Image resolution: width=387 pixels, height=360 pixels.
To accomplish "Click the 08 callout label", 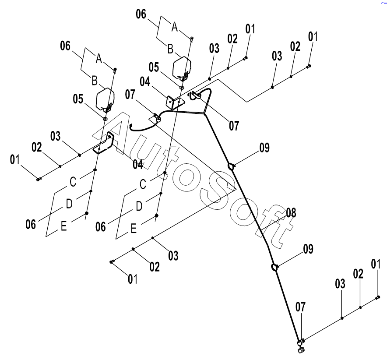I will (x=291, y=213).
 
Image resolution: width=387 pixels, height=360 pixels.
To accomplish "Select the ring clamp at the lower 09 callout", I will (x=274, y=266).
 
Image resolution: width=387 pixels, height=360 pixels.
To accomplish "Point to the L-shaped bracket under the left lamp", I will (x=103, y=145).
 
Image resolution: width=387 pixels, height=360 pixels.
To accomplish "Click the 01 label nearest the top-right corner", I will (x=313, y=37).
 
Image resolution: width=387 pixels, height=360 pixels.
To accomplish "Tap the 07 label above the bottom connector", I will (x=301, y=307).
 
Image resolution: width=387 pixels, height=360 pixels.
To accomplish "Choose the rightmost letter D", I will (x=138, y=206).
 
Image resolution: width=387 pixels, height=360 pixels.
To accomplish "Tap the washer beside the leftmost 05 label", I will (x=106, y=119).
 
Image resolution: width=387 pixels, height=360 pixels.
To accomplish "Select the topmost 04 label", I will (x=145, y=81).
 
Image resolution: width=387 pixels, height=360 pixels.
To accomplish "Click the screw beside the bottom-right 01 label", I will (x=378, y=297).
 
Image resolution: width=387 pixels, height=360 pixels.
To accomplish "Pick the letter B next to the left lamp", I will (x=94, y=81).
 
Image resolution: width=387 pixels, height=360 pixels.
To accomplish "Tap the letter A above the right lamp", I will (x=174, y=27).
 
